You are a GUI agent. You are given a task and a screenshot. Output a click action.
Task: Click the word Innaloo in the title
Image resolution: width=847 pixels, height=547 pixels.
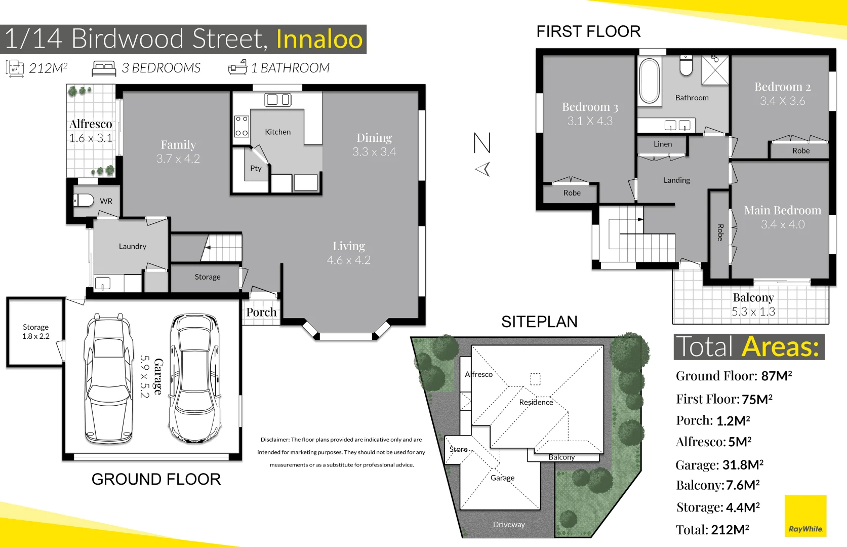click(x=319, y=40)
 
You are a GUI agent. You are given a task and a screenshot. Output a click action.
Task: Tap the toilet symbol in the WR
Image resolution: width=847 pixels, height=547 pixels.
click(x=85, y=201)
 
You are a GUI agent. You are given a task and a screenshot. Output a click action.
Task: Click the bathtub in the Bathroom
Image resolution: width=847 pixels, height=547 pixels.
click(x=650, y=81)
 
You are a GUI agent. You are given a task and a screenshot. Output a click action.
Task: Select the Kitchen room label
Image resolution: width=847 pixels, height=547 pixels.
click(x=277, y=132)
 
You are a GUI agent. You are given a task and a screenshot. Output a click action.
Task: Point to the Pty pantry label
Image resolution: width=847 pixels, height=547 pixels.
click(x=256, y=168)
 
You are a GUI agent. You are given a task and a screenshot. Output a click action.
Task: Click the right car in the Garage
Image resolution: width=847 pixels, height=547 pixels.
click(x=195, y=379)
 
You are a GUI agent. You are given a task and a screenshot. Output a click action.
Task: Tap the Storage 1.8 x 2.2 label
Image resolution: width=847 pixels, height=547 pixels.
click(x=35, y=332)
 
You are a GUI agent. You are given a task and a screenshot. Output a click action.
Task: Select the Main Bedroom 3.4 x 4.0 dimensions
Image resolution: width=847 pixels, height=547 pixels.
click(x=782, y=224)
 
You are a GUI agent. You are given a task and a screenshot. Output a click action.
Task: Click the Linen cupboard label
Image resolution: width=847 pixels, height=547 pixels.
click(x=662, y=144)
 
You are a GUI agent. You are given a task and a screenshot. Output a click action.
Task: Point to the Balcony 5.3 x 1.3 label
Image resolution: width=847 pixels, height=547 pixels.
click(x=753, y=304)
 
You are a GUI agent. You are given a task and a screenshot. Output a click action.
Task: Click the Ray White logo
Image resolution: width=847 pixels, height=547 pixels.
click(x=805, y=517)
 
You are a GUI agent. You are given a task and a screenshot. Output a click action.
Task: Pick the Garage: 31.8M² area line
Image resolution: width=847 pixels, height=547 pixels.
click(x=719, y=465)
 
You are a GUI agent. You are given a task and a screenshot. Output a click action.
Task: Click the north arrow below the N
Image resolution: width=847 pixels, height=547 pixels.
click(x=483, y=169)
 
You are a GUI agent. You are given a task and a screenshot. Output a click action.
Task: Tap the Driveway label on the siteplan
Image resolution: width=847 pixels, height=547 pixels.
click(x=509, y=525)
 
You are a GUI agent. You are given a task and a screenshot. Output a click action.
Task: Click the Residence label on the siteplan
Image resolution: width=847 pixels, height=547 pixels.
click(x=536, y=402)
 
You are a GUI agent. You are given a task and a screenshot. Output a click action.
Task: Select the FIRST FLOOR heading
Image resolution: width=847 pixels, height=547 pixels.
click(x=588, y=31)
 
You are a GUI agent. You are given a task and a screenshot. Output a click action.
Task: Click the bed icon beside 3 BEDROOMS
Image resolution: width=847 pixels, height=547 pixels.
click(x=104, y=68)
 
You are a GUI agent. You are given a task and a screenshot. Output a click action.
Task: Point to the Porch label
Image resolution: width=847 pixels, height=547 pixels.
click(x=261, y=312)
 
